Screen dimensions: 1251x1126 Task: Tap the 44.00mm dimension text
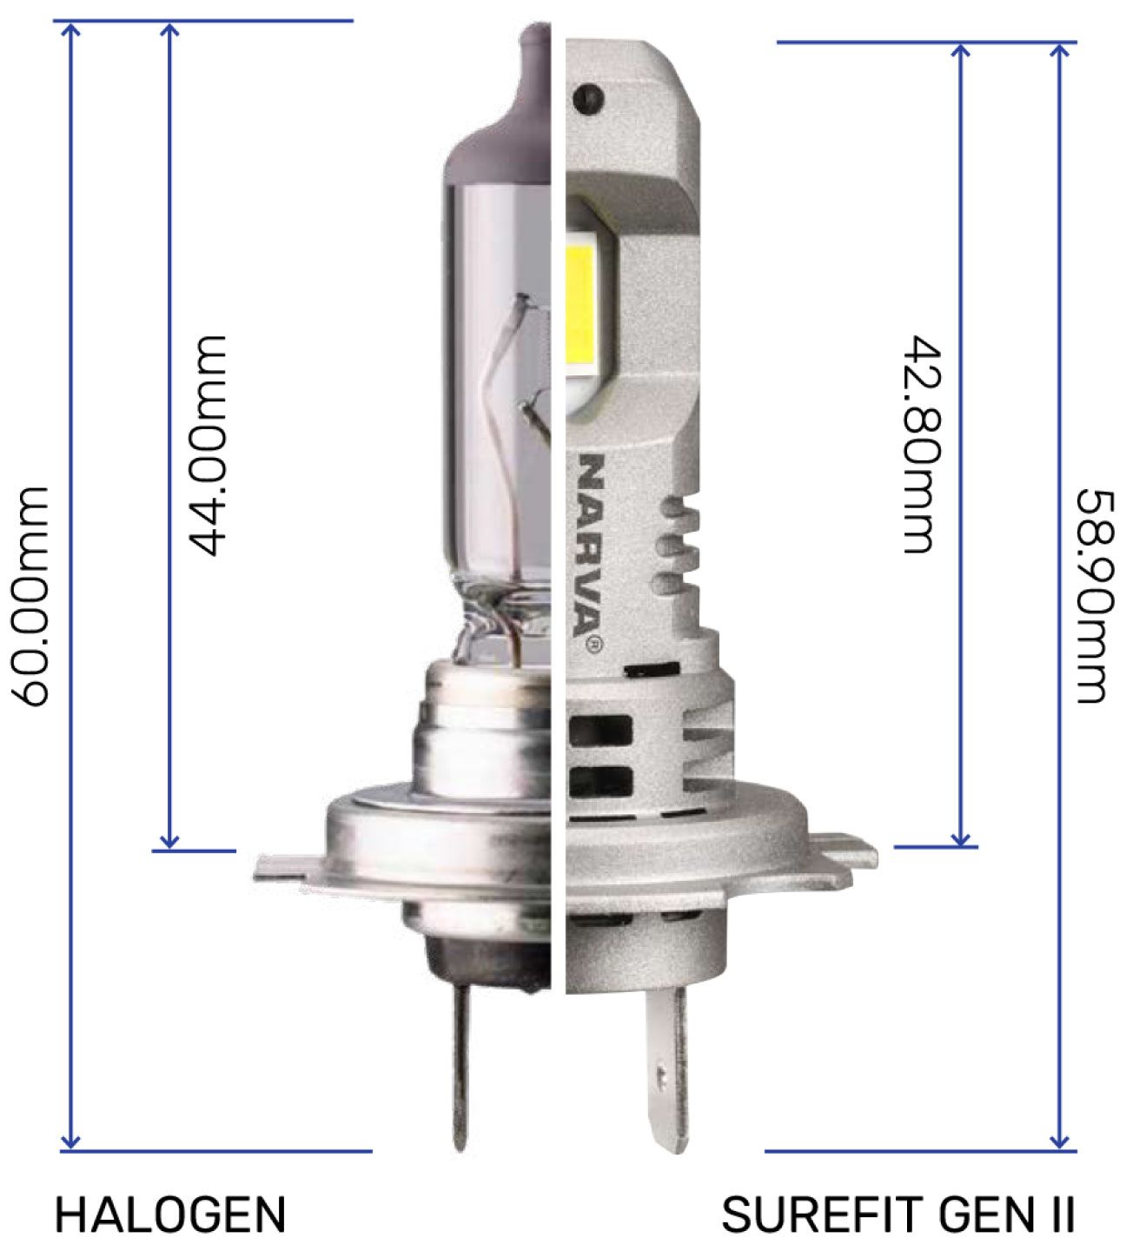pyautogui.click(x=209, y=445)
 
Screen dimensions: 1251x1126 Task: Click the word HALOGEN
pyautogui.click(x=170, y=1214)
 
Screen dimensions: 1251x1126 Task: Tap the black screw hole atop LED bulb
pyautogui.click(x=589, y=96)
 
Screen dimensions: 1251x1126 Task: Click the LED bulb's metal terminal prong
pyautogui.click(x=664, y=1069)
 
